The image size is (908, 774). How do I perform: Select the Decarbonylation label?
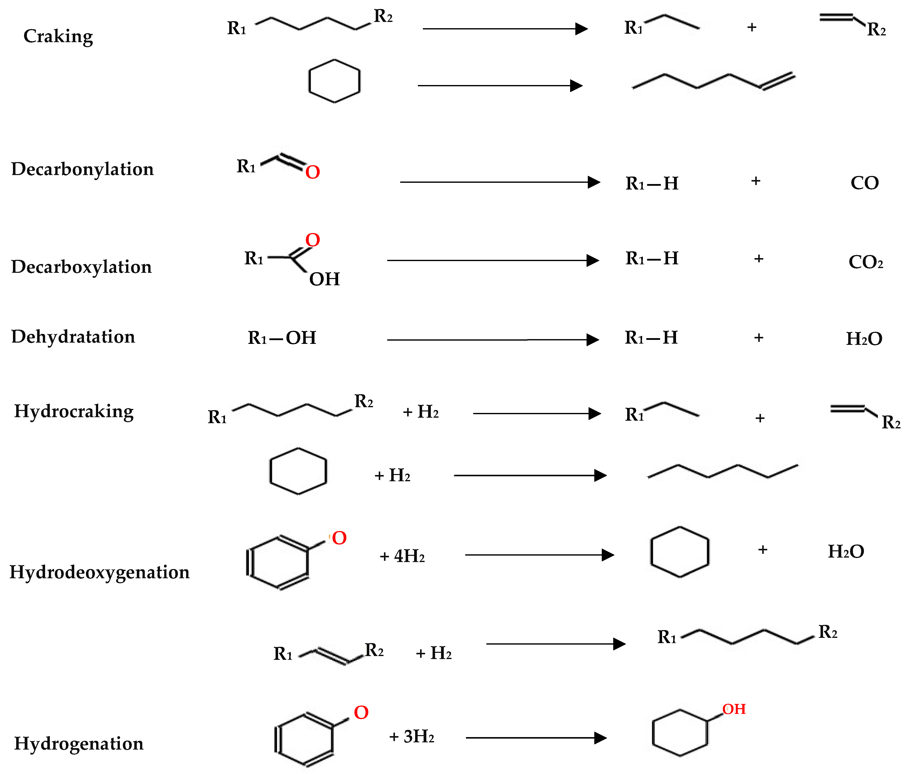pos(82,169)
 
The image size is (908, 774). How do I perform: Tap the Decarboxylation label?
pos(81,267)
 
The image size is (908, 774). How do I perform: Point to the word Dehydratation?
pos(73,337)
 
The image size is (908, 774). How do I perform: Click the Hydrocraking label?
pos(74,411)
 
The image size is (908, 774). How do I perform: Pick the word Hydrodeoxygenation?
pos(99,572)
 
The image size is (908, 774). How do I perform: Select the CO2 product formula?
pos(865,262)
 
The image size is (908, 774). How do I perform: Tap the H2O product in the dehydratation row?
pos(864,339)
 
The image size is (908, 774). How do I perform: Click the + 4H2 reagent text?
pos(402,556)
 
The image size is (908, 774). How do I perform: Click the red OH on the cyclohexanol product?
pos(734,709)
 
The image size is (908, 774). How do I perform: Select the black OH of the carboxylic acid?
pos(324,279)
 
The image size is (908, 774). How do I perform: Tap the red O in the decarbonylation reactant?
pos(312,172)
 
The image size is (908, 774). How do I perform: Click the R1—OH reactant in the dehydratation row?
pos(282,338)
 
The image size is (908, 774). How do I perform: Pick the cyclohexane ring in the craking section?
pos(334,81)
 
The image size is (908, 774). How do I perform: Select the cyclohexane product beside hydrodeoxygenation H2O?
pos(679,552)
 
